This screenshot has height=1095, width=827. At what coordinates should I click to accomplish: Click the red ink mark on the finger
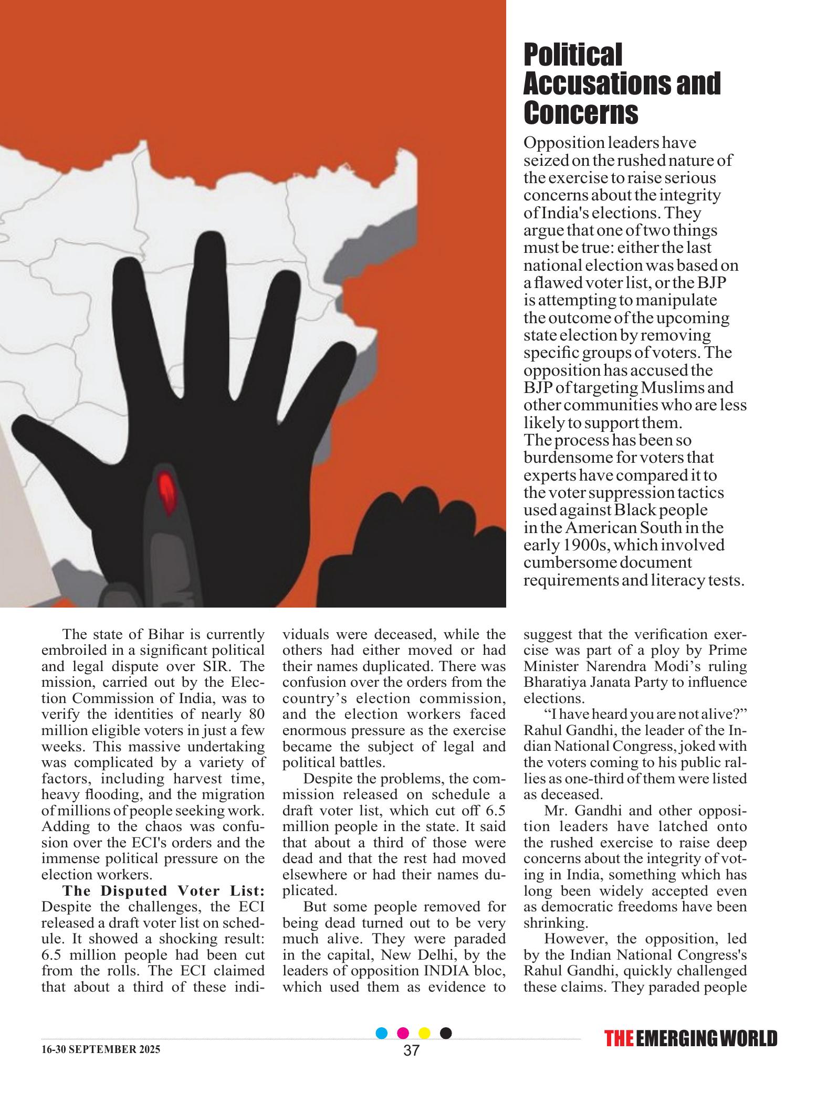tap(167, 491)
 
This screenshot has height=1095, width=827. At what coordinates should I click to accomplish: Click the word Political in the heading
tap(572, 55)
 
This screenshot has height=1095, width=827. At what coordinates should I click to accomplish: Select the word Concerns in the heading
tap(581, 112)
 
